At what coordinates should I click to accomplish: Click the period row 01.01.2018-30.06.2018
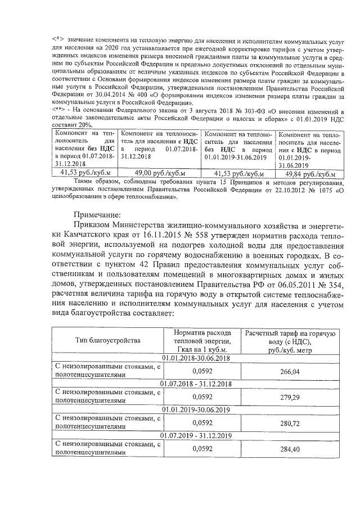coord(196,358)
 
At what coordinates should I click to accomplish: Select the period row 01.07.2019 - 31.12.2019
coord(196,435)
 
